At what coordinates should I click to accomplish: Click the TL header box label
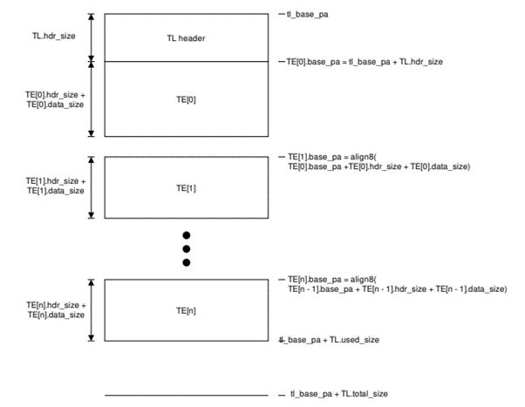click(187, 38)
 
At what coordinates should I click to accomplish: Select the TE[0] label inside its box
click(187, 99)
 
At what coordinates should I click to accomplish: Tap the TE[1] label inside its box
click(187, 187)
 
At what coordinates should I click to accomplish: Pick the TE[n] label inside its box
click(187, 309)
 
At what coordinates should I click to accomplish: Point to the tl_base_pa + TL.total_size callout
click(339, 395)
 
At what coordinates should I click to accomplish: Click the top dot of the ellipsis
click(186, 235)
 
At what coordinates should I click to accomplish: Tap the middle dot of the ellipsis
click(186, 248)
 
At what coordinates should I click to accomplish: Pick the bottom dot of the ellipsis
click(186, 262)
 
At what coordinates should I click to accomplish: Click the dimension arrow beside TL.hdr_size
click(91, 37)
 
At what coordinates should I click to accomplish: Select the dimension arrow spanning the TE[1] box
click(91, 187)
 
